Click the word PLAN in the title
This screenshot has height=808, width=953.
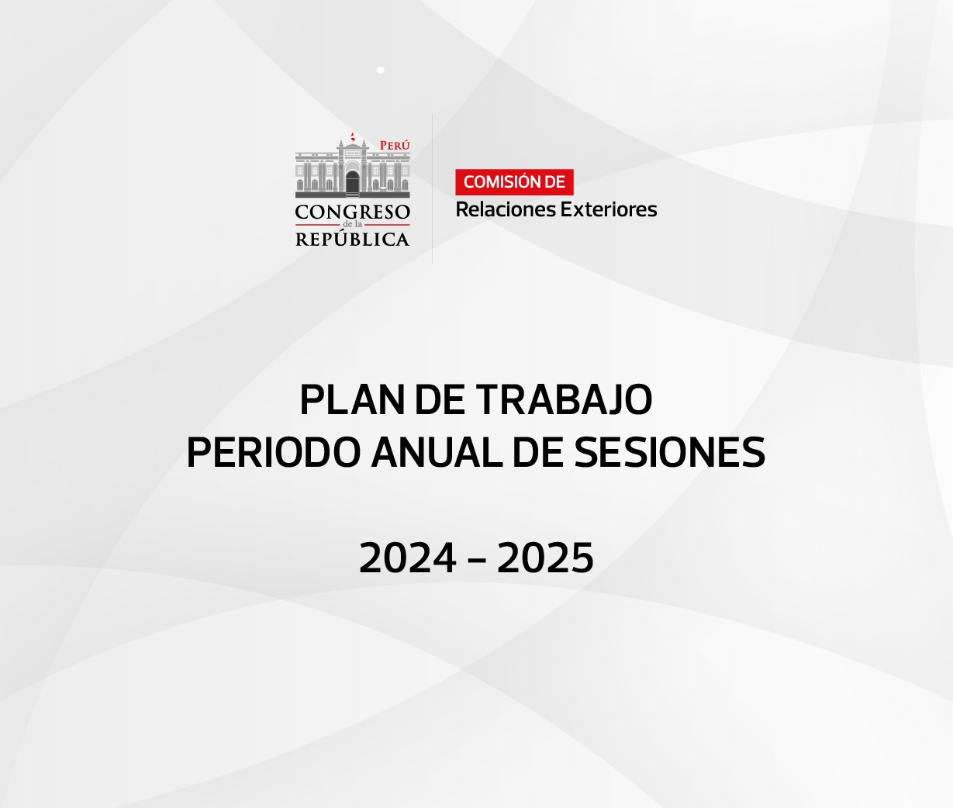coord(353,400)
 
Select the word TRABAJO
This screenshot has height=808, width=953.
coord(564,400)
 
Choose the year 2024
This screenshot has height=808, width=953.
coord(408,558)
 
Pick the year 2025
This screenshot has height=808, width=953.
coord(545,558)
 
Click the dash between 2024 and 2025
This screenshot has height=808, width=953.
coord(476,559)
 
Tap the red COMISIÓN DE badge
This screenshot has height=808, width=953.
coord(514,182)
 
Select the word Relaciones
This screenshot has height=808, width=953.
coord(506,209)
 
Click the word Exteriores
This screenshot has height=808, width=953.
coord(609,209)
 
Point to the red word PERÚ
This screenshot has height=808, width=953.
coord(395,145)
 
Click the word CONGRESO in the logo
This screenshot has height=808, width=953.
coord(353,212)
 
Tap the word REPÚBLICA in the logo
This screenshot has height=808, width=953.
coord(353,239)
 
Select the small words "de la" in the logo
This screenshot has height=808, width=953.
coord(353,225)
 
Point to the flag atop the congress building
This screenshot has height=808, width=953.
coord(353,136)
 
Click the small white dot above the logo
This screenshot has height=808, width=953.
coord(381,70)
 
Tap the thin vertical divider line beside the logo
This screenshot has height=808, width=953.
coord(432,189)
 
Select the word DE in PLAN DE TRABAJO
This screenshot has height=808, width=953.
coord(440,400)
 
